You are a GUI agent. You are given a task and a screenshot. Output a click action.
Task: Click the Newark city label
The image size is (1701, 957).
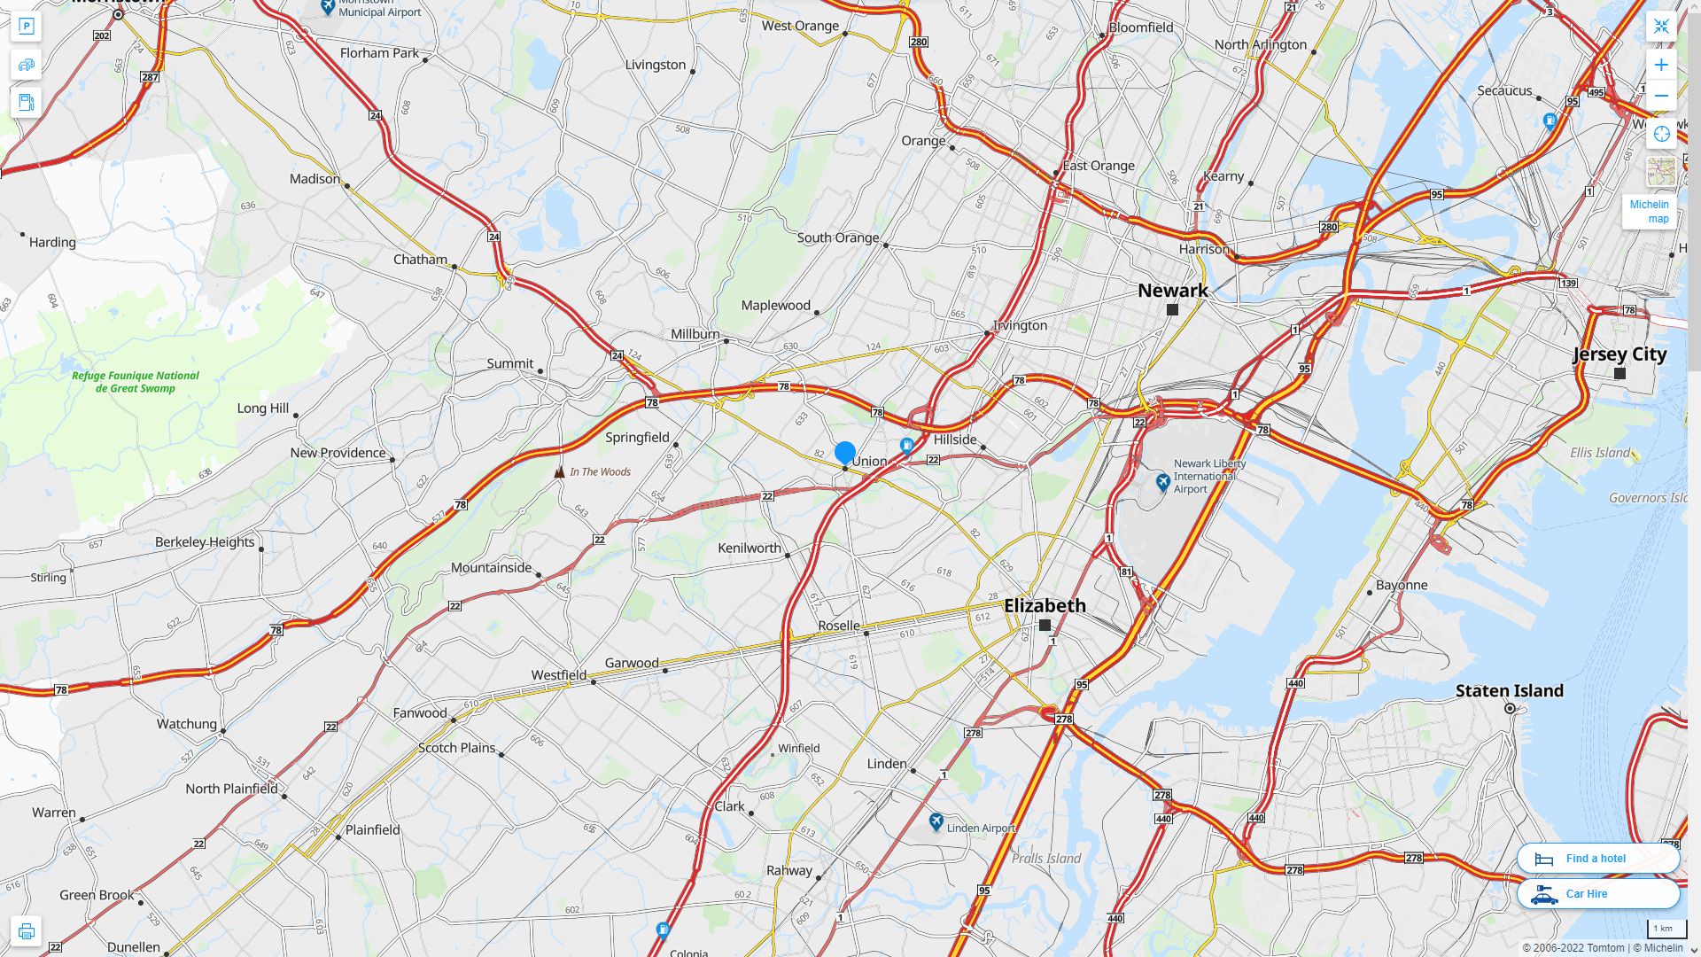tap(1172, 291)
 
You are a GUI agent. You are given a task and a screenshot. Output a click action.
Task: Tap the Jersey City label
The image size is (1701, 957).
tap(1619, 354)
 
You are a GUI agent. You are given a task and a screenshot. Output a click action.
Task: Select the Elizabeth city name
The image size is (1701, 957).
tap(1045, 606)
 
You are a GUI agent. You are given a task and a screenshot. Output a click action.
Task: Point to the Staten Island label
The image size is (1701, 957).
tap(1509, 691)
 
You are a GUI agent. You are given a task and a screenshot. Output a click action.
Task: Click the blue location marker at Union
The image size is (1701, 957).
tap(844, 454)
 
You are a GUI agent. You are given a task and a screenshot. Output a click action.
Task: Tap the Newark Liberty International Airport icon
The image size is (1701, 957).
tap(1163, 482)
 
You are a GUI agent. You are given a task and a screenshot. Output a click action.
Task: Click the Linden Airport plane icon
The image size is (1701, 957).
tap(936, 822)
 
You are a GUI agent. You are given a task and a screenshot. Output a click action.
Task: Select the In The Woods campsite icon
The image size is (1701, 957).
tap(559, 472)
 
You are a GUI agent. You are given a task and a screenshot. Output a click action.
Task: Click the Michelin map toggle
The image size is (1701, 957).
tap(1649, 211)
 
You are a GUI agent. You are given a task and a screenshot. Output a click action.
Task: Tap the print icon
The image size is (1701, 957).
tap(26, 931)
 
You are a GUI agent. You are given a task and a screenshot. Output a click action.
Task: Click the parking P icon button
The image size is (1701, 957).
tap(26, 27)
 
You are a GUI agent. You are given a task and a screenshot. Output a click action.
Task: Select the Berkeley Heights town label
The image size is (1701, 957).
tap(205, 542)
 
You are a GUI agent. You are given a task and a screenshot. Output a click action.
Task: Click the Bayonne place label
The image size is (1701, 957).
tap(1402, 586)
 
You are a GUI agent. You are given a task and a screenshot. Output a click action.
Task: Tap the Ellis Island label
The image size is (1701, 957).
tap(1599, 453)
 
